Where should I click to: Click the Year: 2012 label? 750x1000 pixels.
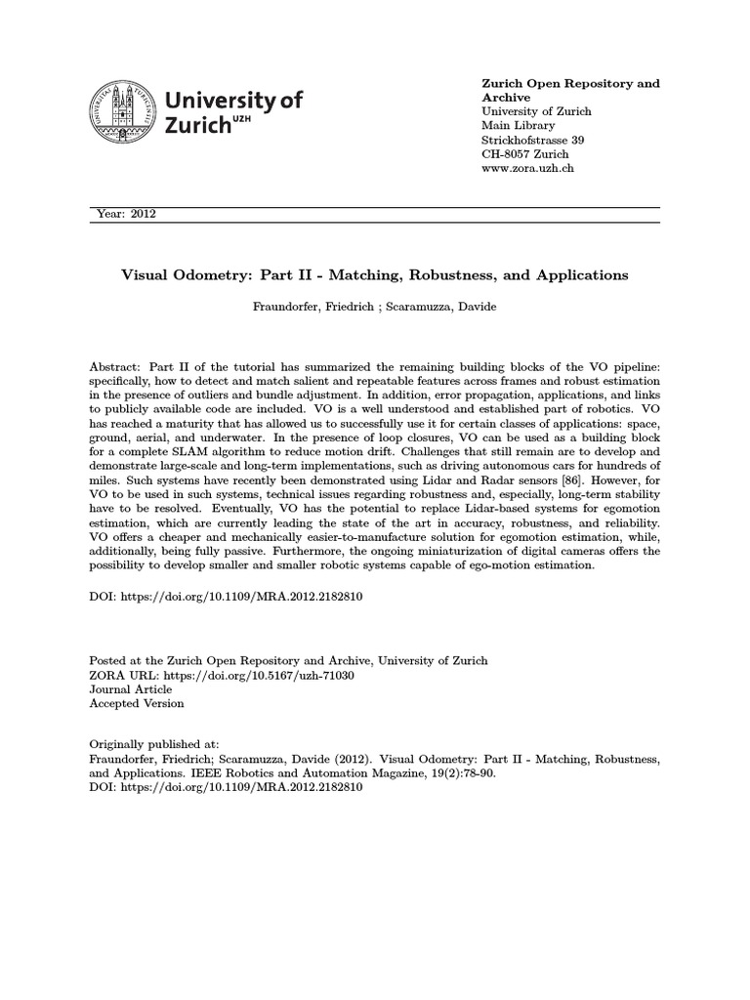[128, 214]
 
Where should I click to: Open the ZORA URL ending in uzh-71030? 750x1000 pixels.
[271, 675]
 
